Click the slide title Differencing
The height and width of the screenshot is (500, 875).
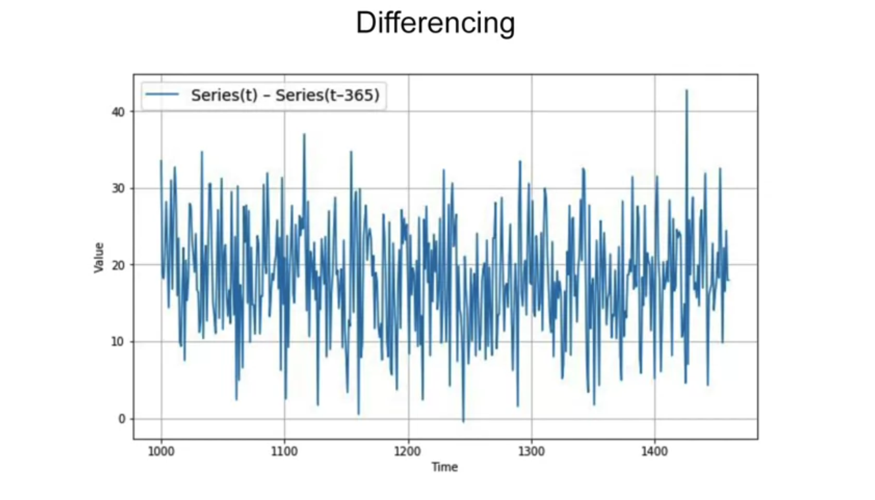pyautogui.click(x=435, y=23)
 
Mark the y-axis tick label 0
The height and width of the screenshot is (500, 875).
pyautogui.click(x=122, y=419)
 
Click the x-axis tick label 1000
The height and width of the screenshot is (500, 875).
pyautogui.click(x=161, y=451)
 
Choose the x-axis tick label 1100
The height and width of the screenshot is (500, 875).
pyautogui.click(x=284, y=451)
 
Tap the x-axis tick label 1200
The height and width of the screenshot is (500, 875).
pyautogui.click(x=408, y=451)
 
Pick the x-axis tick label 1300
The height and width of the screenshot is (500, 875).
pyautogui.click(x=531, y=451)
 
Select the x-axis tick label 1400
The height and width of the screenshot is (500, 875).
pyautogui.click(x=655, y=451)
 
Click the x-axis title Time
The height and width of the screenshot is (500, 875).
pyautogui.click(x=444, y=467)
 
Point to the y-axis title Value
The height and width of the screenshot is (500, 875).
pyautogui.click(x=99, y=257)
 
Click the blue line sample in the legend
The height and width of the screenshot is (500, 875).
pyautogui.click(x=162, y=95)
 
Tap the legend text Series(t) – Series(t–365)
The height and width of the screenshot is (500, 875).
pyautogui.click(x=285, y=95)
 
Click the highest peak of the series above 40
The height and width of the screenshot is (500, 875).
pyautogui.click(x=686, y=91)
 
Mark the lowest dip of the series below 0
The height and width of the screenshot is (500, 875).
pyautogui.click(x=463, y=422)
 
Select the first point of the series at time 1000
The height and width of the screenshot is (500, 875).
pyautogui.click(x=161, y=160)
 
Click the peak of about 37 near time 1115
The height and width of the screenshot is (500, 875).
pyautogui.click(x=304, y=134)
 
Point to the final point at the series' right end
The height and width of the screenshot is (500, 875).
pyautogui.click(x=729, y=280)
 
